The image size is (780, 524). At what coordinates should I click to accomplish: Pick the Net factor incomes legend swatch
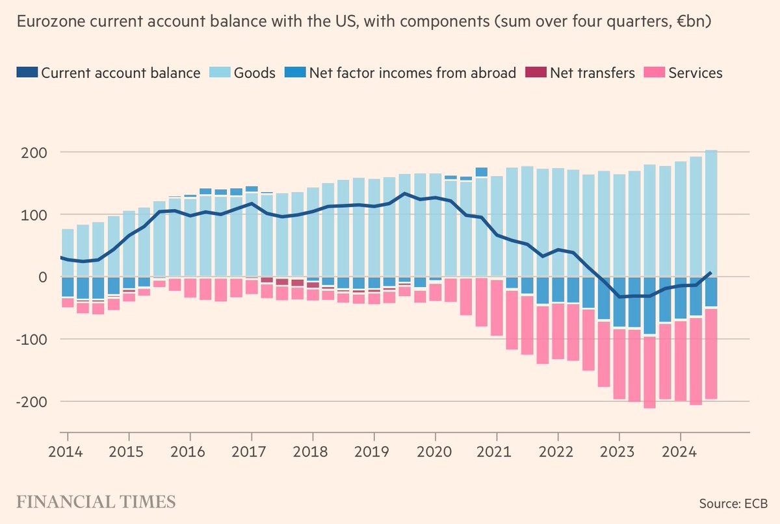tap(295, 73)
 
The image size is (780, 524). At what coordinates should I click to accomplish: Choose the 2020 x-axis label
tap(435, 449)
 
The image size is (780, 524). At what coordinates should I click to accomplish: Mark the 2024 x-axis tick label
tap(680, 449)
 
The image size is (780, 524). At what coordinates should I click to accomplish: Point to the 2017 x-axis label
tap(251, 449)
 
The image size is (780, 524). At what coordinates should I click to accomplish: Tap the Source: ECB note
tap(733, 503)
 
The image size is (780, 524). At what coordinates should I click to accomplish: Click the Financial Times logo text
tap(96, 502)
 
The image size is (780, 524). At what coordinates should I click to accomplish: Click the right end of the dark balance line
tap(710, 273)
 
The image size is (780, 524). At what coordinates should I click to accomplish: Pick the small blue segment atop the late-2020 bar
tap(481, 172)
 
